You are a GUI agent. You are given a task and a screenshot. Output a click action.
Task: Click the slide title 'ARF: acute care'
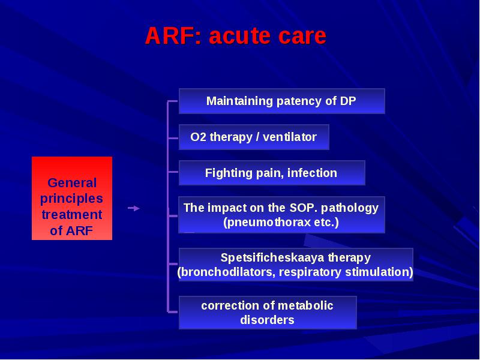tap(235, 35)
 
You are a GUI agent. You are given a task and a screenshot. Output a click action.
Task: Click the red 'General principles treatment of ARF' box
tap(72, 199)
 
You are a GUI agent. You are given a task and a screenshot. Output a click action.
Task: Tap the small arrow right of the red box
tap(134, 208)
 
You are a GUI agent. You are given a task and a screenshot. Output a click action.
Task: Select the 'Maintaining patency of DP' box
tap(281, 101)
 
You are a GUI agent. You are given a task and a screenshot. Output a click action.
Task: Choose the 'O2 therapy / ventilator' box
tap(254, 137)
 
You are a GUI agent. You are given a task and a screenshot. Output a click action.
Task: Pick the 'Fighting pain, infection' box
tap(272, 173)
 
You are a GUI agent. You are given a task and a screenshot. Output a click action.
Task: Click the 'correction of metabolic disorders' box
tap(268, 313)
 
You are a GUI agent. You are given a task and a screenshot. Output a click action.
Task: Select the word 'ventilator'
tap(290, 137)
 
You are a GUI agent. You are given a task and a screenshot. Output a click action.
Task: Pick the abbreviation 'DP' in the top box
tap(348, 101)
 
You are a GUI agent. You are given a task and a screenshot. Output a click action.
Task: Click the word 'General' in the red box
tap(72, 183)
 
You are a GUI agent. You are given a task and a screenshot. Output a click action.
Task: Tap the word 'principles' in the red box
tap(71, 199)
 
